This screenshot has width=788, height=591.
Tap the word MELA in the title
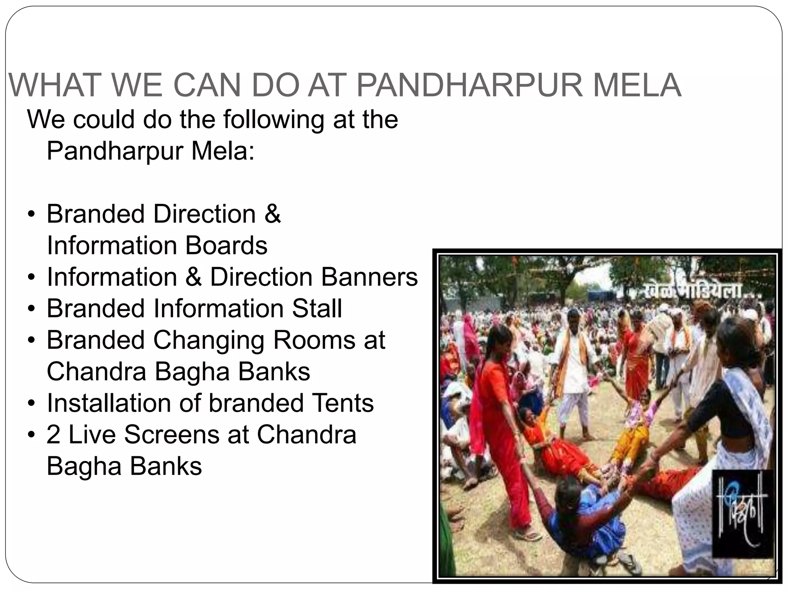click(x=637, y=85)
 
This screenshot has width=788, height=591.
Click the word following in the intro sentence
click(x=273, y=120)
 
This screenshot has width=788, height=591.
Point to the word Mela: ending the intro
click(x=223, y=151)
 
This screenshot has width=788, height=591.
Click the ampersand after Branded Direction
click(x=272, y=214)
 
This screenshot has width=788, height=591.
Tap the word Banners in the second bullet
click(x=369, y=277)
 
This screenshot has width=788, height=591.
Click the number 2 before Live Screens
click(x=53, y=435)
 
